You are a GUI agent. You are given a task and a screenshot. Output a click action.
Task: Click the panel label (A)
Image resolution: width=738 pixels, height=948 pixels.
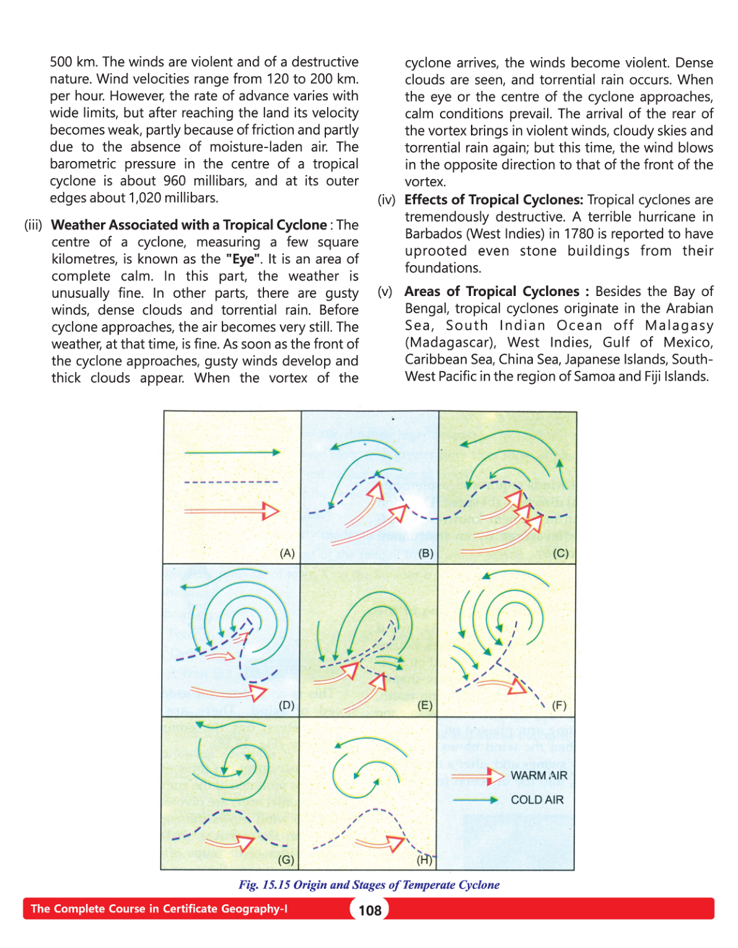click(287, 553)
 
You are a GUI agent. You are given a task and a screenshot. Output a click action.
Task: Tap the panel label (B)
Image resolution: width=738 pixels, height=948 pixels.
click(426, 553)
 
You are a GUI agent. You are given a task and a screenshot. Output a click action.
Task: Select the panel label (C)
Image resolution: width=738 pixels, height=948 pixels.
click(560, 553)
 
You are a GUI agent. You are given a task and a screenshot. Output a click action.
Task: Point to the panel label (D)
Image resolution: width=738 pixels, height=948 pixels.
click(286, 705)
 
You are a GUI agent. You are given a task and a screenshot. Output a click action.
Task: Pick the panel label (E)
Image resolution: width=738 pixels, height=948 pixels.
click(424, 705)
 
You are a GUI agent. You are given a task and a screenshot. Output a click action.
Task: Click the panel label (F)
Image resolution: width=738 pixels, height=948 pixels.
click(559, 705)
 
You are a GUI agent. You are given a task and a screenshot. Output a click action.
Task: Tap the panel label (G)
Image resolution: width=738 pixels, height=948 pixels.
click(286, 859)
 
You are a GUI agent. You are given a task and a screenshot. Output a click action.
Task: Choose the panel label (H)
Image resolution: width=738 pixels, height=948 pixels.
click(424, 859)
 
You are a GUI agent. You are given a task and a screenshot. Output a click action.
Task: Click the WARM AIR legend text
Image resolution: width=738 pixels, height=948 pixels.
click(538, 775)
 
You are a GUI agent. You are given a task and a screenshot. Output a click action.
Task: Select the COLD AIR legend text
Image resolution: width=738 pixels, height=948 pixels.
click(537, 799)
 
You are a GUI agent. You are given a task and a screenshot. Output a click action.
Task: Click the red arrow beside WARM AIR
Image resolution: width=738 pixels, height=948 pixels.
click(477, 775)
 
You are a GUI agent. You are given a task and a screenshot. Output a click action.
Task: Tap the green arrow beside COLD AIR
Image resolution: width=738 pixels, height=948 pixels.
click(476, 800)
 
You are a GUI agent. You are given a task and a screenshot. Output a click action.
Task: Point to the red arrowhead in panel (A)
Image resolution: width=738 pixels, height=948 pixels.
click(271, 511)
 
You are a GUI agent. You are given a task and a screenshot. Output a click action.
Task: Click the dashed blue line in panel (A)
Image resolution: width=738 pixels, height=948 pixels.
click(231, 482)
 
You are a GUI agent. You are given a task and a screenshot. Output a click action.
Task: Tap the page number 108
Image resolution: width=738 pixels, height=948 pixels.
click(370, 910)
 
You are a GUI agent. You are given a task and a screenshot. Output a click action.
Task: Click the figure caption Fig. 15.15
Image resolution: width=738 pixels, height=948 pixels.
click(369, 885)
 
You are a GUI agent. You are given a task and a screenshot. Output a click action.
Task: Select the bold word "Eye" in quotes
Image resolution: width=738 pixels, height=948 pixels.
click(244, 259)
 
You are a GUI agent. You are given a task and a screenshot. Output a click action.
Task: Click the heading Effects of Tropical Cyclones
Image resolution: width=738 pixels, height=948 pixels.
click(493, 200)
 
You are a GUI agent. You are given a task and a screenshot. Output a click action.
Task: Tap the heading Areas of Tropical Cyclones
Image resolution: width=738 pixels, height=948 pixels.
click(492, 292)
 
